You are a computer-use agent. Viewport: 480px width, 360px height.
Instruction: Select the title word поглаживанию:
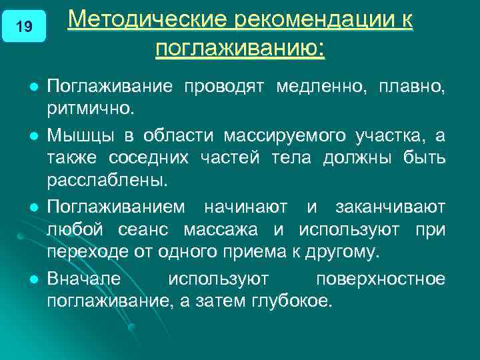240,49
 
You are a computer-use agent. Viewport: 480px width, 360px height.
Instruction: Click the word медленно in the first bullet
320,87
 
